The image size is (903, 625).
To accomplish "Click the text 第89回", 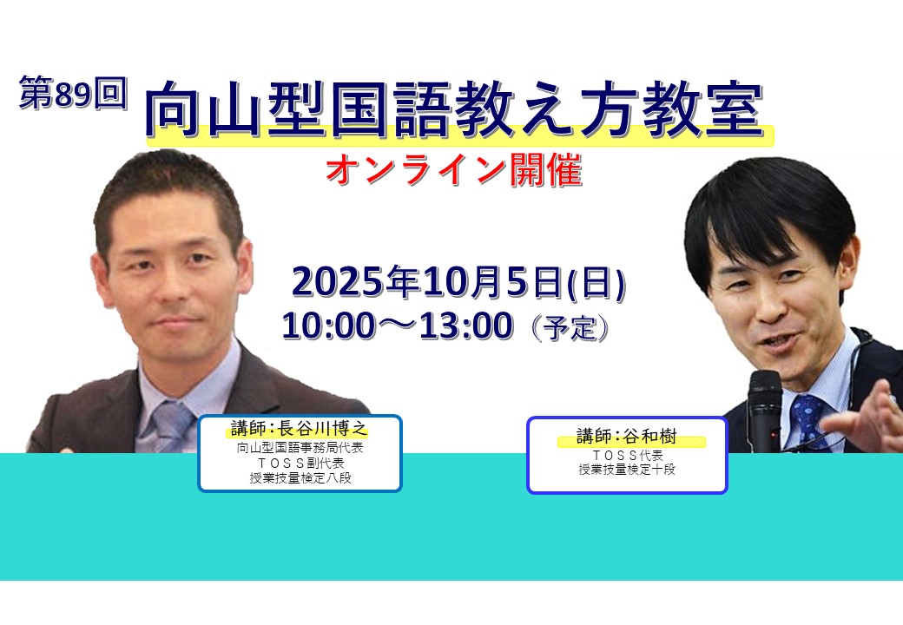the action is click(x=72, y=93).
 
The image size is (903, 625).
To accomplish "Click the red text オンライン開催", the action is click(x=454, y=170).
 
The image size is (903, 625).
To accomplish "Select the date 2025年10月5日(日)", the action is click(x=458, y=282).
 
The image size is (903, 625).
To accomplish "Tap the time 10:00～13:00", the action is click(x=398, y=326).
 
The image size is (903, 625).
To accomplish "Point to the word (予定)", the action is click(x=570, y=328).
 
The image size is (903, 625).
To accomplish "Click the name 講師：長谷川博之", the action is click(x=299, y=428).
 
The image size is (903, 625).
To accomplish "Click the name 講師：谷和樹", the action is click(x=627, y=436).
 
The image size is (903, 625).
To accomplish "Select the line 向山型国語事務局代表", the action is click(x=300, y=448).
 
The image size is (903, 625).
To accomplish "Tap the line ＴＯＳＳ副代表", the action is click(x=300, y=463).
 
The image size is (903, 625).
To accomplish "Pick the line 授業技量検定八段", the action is click(x=300, y=477).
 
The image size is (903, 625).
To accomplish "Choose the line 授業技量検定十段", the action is click(x=627, y=470).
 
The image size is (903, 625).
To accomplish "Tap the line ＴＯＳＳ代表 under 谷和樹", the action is click(x=627, y=455).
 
